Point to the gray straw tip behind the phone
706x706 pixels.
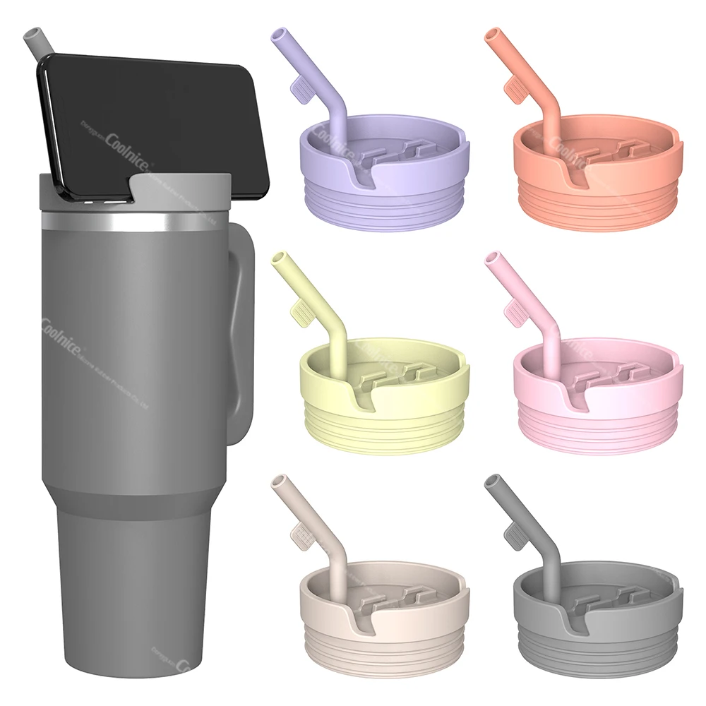click(32, 37)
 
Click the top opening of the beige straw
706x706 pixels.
click(277, 480)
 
